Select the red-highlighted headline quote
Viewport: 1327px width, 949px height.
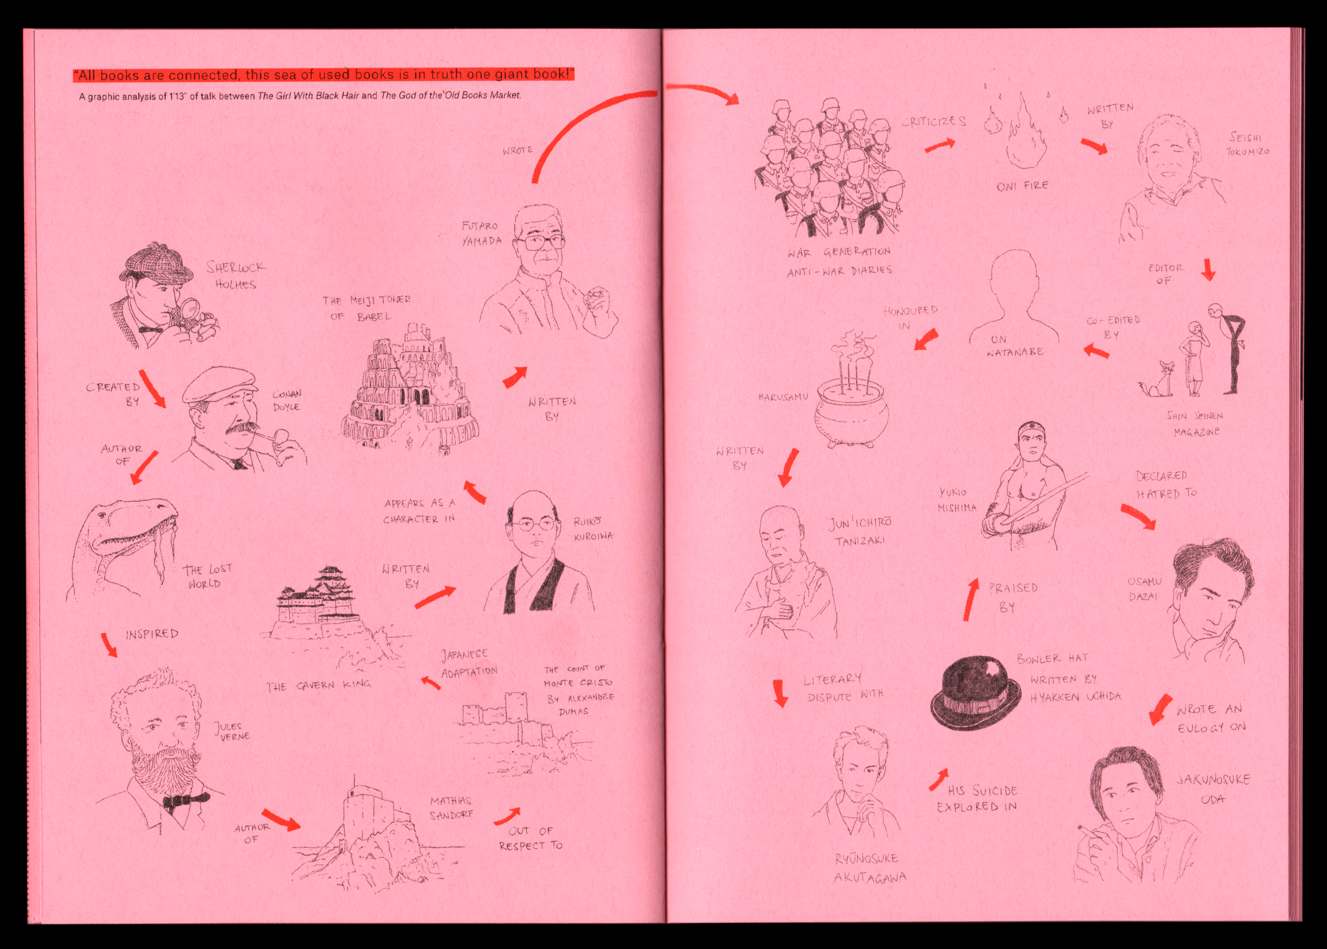(324, 75)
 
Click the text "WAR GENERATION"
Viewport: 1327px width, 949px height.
(838, 252)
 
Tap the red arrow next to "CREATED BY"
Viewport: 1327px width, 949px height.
(152, 389)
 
